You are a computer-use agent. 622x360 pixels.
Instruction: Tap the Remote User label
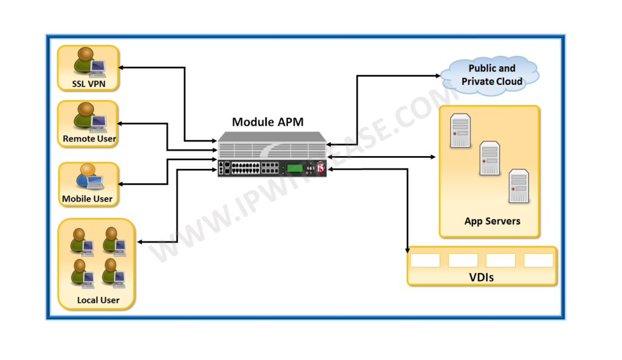[89, 138]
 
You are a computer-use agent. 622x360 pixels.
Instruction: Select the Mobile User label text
[87, 199]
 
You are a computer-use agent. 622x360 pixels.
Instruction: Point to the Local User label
[98, 300]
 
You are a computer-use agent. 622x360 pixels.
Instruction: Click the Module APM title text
[267, 122]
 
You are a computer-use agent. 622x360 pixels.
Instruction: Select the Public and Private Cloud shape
[491, 75]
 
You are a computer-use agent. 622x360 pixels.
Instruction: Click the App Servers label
[492, 221]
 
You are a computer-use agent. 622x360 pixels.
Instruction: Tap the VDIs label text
[482, 277]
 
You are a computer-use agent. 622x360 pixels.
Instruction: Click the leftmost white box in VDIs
[425, 260]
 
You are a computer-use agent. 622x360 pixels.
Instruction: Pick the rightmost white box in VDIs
[538, 260]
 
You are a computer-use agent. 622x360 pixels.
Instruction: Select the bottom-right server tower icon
[519, 186]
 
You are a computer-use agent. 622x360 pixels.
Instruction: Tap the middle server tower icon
[490, 158]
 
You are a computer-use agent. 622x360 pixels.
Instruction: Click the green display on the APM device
[296, 169]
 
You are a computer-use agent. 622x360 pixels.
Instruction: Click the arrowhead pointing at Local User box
[140, 242]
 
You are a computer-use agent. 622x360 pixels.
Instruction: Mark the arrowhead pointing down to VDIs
[407, 248]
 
